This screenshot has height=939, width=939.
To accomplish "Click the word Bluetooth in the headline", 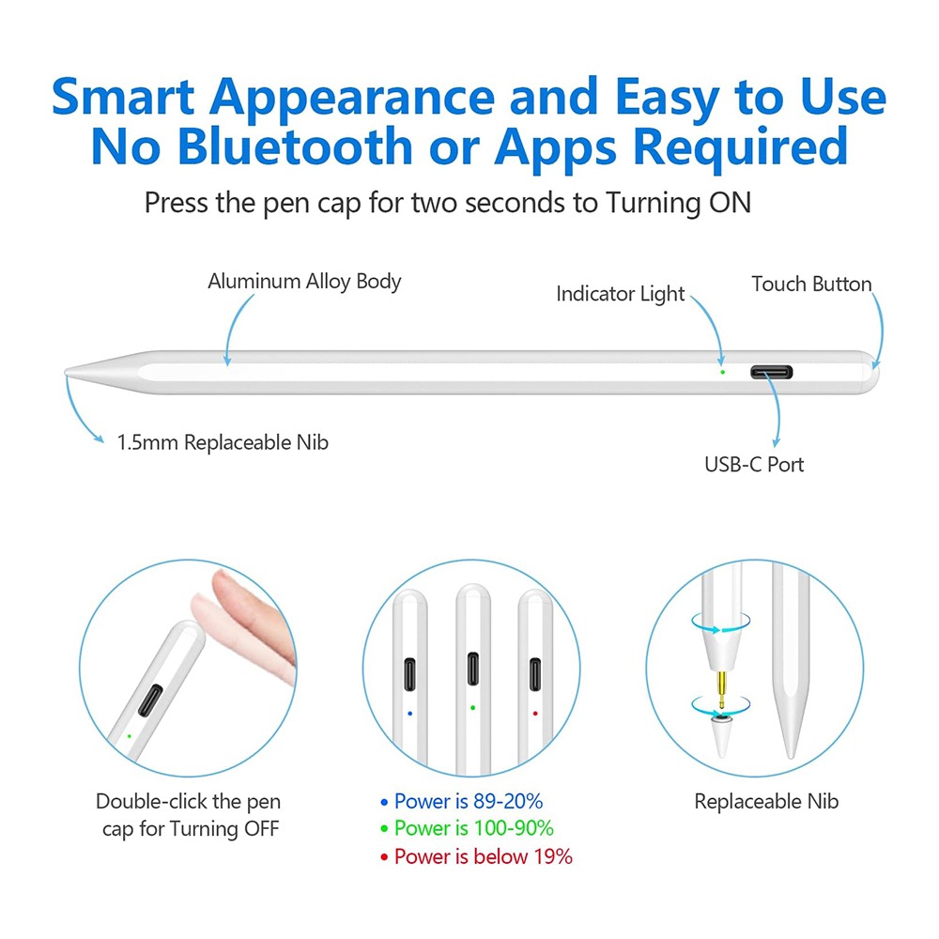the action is pos(295,146).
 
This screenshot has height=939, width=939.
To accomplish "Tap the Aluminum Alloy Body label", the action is pos(304,282).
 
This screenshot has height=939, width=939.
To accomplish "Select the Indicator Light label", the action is pos(621,294).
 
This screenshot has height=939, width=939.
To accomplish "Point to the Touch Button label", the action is pos(811,284).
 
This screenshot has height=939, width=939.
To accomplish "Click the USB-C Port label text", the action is pos(754,465).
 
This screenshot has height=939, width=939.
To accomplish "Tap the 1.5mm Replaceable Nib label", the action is pos(223,442).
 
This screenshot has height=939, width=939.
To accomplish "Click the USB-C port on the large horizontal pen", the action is pos(771,373).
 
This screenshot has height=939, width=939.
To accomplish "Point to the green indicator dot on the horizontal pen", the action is pos(723,373).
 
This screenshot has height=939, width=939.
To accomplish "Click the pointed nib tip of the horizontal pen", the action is pos(67,373).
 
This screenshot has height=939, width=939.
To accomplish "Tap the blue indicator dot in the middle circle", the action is pos(409,714).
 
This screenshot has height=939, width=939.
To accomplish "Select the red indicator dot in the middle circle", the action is pos(535,714).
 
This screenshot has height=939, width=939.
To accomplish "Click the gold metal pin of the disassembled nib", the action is pos(721,690).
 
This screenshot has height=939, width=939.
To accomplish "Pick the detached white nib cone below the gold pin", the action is pos(721,736).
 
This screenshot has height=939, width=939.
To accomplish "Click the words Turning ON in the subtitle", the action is pos(679,203).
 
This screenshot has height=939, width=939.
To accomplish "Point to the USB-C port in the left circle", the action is pos(150,700).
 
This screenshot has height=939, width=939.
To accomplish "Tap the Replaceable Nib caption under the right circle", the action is pos(766,801).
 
